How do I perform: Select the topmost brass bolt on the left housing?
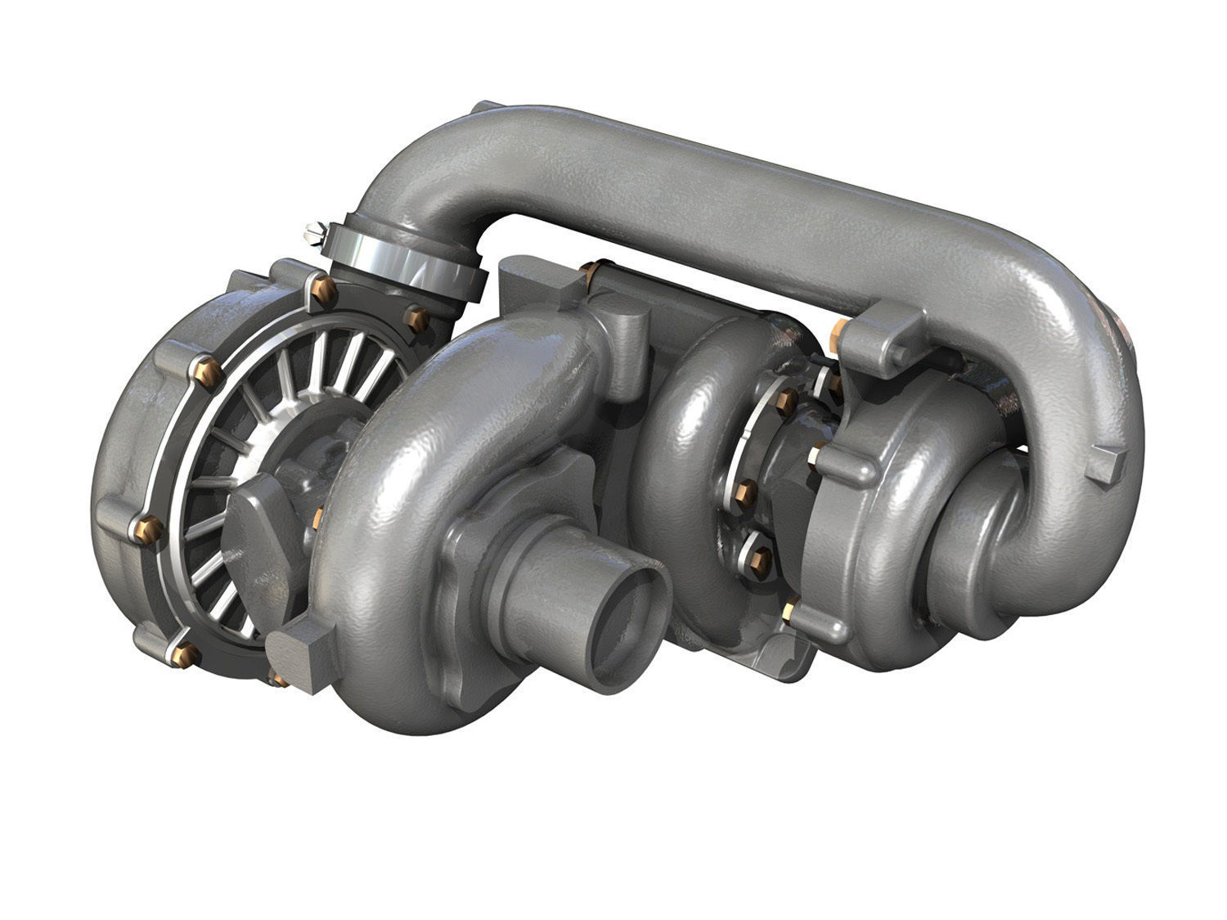tap(320, 288)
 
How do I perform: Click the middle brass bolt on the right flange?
tap(744, 491)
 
